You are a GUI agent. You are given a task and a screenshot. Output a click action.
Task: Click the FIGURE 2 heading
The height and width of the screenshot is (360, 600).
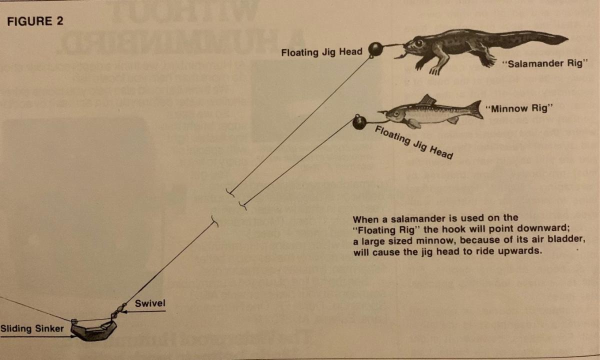[35, 21]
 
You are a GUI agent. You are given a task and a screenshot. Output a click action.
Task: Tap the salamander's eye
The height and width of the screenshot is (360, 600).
[419, 43]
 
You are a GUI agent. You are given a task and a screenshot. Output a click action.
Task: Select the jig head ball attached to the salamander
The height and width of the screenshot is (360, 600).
[375, 49]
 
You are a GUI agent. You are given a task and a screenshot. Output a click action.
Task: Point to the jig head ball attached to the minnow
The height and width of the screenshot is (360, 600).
[359, 123]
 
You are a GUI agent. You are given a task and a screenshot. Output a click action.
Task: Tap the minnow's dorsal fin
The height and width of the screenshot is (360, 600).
[427, 99]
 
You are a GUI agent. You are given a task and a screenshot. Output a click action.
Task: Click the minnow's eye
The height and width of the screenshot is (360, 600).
[395, 113]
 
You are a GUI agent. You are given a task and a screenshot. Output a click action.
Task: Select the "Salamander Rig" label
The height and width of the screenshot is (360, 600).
[545, 63]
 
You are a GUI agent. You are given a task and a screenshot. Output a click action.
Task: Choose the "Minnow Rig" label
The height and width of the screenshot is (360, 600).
[519, 108]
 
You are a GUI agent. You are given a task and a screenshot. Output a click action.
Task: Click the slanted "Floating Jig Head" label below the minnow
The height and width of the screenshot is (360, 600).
[414, 142]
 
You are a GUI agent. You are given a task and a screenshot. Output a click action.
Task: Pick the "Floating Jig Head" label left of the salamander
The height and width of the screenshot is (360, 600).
[321, 52]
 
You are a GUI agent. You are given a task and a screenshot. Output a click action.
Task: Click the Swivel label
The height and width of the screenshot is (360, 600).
[150, 303]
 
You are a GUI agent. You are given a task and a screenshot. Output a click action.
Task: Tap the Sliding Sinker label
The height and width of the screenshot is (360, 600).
[32, 328]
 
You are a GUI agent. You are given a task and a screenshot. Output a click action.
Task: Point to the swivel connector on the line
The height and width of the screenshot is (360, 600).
[117, 311]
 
